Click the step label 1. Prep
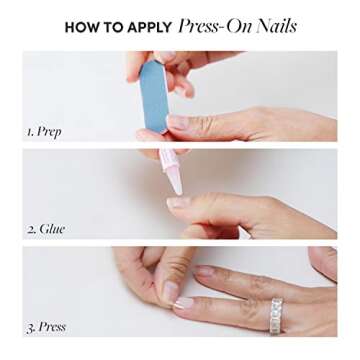tap(46, 131)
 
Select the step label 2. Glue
tap(47, 229)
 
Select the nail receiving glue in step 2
tap(178, 202)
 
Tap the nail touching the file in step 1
tap(177, 121)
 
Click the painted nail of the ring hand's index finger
tap(203, 271)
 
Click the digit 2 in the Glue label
tap(31, 229)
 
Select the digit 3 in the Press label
tap(30, 325)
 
